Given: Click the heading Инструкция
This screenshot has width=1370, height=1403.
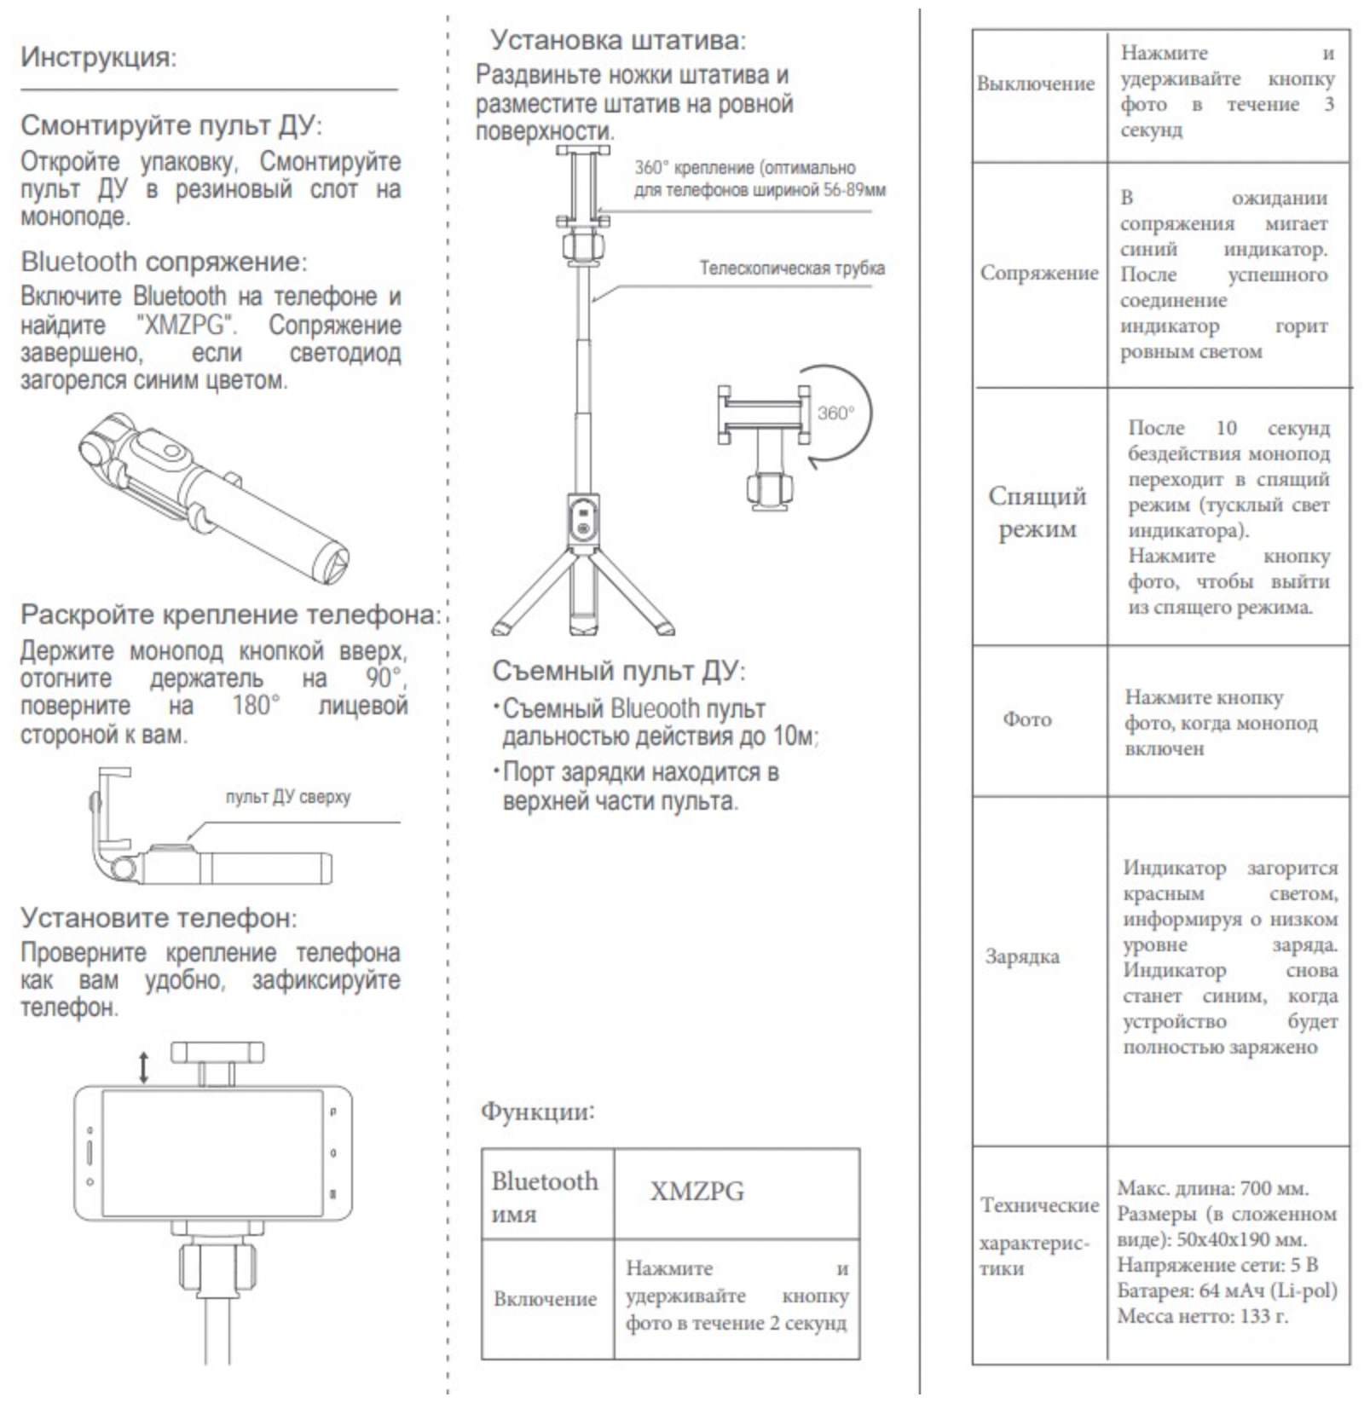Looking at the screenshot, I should click(x=98, y=58).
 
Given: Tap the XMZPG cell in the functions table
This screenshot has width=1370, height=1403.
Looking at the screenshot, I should click(x=697, y=1191).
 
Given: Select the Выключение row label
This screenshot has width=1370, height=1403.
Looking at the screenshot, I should click(x=1035, y=84).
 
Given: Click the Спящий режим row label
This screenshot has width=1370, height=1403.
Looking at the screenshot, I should click(x=1037, y=512).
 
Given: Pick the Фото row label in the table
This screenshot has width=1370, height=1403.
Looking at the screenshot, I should click(x=1026, y=719).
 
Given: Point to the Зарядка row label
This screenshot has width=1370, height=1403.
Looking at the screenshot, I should click(x=1022, y=956).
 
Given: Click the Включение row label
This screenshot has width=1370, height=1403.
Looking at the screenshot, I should click(x=545, y=1299).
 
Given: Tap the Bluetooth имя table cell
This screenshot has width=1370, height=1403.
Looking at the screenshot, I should click(x=545, y=1196).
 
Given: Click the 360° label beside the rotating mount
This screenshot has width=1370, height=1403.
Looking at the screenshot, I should click(x=835, y=413).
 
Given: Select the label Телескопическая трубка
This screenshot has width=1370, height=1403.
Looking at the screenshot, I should click(x=792, y=268).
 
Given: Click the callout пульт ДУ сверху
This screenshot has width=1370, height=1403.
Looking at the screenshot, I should click(x=288, y=797).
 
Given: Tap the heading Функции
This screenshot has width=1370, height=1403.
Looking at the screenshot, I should click(x=537, y=1111).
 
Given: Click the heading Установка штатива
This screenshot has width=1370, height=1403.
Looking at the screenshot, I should click(x=617, y=40).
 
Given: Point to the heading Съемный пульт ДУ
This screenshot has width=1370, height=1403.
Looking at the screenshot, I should click(x=618, y=672).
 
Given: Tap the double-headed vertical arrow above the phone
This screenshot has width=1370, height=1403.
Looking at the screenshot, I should click(x=144, y=1066).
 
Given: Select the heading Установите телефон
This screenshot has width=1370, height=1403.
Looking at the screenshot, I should click(x=159, y=918).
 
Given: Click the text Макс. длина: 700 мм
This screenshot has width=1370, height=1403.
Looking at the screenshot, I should click(x=1212, y=1188).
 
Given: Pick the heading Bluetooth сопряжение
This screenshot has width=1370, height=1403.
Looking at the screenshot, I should click(x=164, y=262).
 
